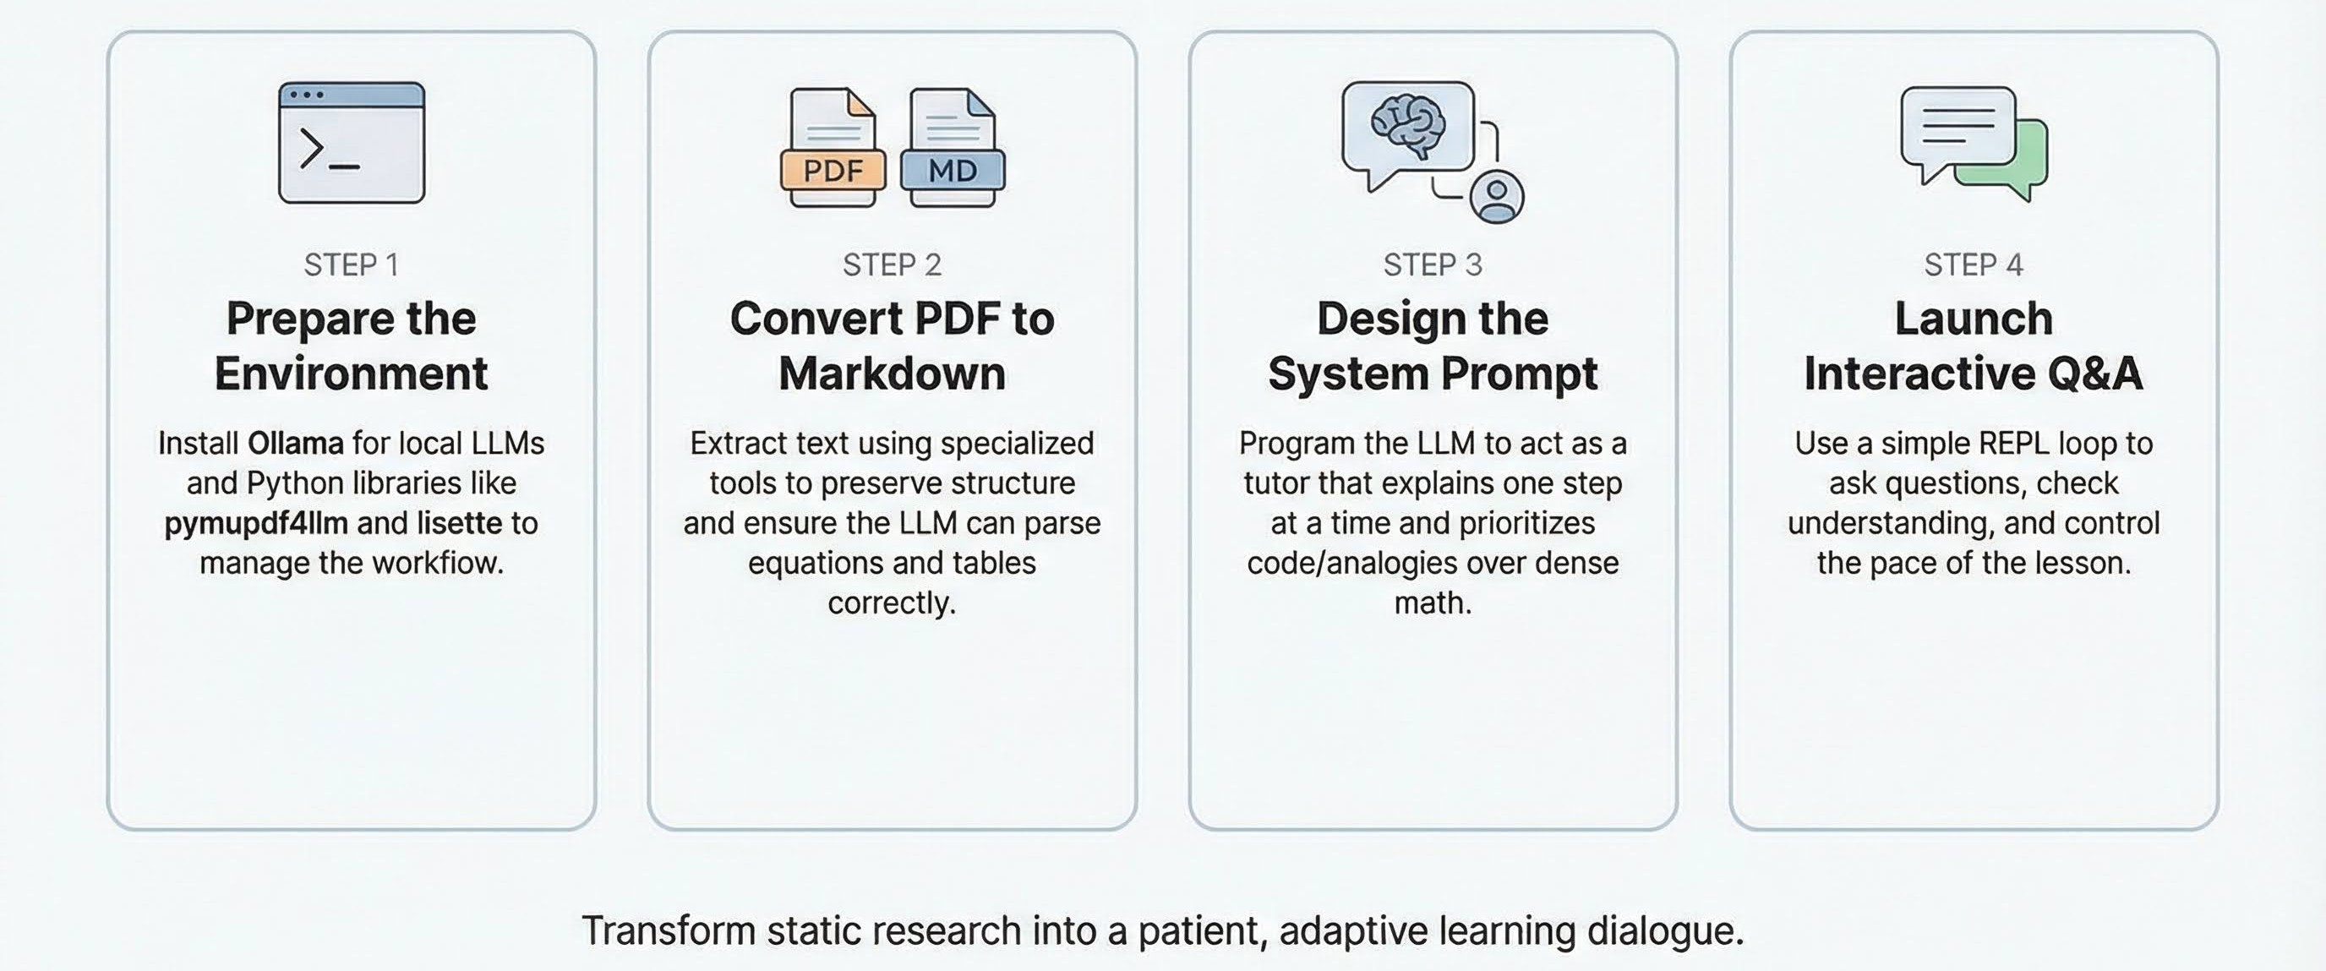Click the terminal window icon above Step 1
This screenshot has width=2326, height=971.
352,143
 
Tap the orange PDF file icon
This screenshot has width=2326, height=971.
832,148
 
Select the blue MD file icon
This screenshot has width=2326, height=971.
953,148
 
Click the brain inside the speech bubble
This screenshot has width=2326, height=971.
1408,125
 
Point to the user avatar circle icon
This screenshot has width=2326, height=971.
1496,196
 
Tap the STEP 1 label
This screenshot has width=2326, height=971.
352,265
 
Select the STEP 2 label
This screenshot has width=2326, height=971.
893,265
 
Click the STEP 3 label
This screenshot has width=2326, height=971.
1433,265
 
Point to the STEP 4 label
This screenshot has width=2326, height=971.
1974,265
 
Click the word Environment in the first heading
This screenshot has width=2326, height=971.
352,374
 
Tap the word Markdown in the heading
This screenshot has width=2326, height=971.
893,374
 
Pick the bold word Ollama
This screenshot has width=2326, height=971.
295,443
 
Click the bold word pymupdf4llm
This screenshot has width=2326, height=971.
255,523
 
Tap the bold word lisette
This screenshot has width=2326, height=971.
459,523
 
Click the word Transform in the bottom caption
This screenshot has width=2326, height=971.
669,930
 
